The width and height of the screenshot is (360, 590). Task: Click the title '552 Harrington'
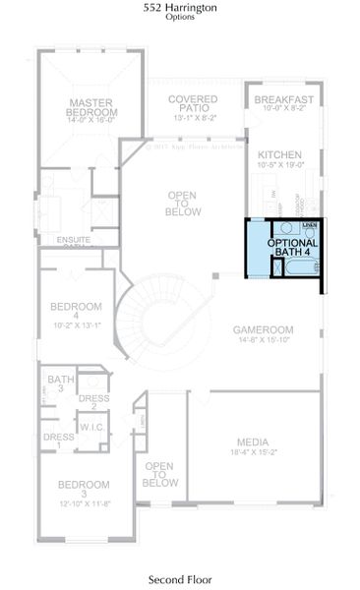point(179,7)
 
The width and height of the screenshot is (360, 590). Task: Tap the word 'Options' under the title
point(179,17)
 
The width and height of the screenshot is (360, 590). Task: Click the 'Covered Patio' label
point(192,104)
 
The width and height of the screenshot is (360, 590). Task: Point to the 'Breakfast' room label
point(283,100)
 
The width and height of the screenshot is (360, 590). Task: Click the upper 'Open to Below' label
point(184,203)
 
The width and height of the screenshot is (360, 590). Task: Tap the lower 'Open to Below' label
point(160,474)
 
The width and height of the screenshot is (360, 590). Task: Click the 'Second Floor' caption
point(179,579)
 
